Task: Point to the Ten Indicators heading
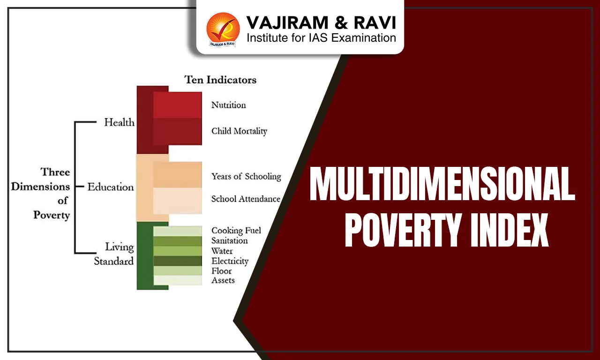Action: click(220, 80)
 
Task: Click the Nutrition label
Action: click(228, 105)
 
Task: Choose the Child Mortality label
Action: click(239, 131)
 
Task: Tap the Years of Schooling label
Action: click(246, 177)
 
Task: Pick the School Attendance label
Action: click(246, 199)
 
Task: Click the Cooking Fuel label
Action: click(236, 231)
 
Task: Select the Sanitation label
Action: click(229, 241)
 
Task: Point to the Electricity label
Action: click(230, 261)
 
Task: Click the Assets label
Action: click(223, 281)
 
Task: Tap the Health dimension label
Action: click(119, 123)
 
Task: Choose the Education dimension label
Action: click(111, 187)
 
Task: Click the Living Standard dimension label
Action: click(114, 254)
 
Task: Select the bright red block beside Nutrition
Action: click(177, 105)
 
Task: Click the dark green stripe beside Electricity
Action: click(177, 261)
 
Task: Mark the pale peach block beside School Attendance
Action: click(177, 201)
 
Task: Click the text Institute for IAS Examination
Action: click(321, 38)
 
